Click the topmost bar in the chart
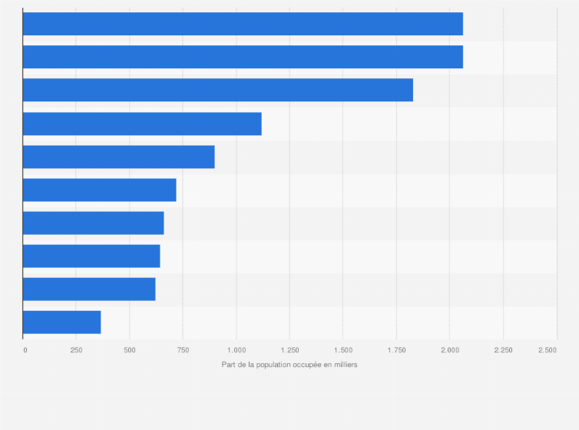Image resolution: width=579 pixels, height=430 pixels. (243, 24)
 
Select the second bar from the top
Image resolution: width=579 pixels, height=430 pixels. (243, 57)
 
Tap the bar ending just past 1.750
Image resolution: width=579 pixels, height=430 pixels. (218, 90)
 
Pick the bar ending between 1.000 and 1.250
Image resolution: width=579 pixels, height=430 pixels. (142, 124)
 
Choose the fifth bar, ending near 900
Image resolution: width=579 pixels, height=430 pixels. (118, 157)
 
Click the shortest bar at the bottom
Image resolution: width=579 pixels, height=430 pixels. (61, 322)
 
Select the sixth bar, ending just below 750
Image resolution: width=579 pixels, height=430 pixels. (99, 190)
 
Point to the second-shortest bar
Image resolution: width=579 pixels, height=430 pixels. (89, 289)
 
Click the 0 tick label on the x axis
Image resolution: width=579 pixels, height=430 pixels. (25, 350)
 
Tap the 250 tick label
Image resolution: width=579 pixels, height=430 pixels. (76, 350)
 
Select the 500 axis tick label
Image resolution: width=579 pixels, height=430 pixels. (129, 350)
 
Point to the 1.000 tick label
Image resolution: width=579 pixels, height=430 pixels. (237, 350)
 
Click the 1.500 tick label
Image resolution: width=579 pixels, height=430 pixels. (343, 350)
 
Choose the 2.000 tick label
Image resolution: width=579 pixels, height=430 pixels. (450, 350)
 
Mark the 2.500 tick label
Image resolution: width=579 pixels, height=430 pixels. (548, 350)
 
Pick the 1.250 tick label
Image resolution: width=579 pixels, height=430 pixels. (289, 350)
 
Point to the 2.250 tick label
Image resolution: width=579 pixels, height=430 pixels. (503, 350)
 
